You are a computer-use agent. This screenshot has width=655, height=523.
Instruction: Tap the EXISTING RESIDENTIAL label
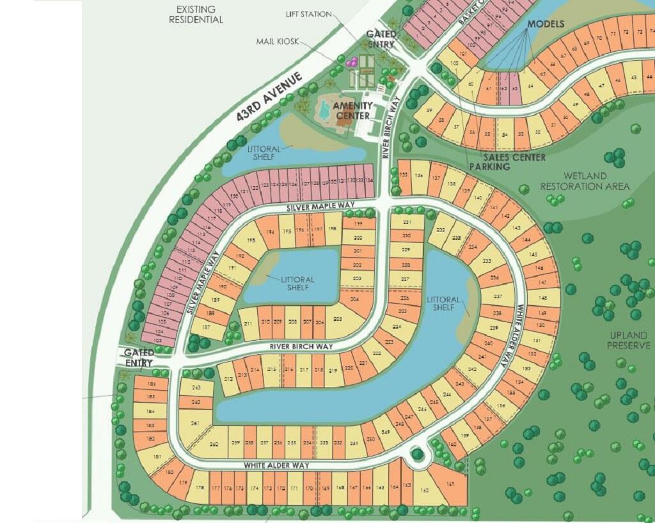[x=196, y=14]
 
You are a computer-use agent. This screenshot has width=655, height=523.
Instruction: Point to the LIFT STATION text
[x=309, y=14]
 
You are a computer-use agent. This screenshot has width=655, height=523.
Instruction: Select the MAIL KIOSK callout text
[x=273, y=42]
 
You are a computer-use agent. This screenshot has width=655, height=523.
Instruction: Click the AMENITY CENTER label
[x=351, y=111]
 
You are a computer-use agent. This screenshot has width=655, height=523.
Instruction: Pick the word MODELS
[x=546, y=24]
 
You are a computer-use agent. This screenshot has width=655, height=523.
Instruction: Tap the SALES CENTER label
[x=514, y=157]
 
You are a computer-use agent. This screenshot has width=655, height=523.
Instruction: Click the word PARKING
[x=489, y=167]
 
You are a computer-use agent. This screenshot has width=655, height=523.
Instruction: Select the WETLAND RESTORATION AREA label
[x=585, y=181]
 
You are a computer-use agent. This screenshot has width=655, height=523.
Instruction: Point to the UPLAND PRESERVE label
[x=630, y=340]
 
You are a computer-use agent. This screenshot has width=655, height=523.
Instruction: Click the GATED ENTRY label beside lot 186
[x=139, y=357]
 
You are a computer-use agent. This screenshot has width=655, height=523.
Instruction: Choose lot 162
[x=425, y=490]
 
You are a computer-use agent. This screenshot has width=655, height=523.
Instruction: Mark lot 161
[x=451, y=484]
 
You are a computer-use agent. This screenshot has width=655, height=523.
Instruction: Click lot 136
[x=419, y=176]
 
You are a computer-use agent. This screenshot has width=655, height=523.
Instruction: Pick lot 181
[x=159, y=457]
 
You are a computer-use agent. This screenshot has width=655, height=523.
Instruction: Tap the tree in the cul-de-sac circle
[x=418, y=455]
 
